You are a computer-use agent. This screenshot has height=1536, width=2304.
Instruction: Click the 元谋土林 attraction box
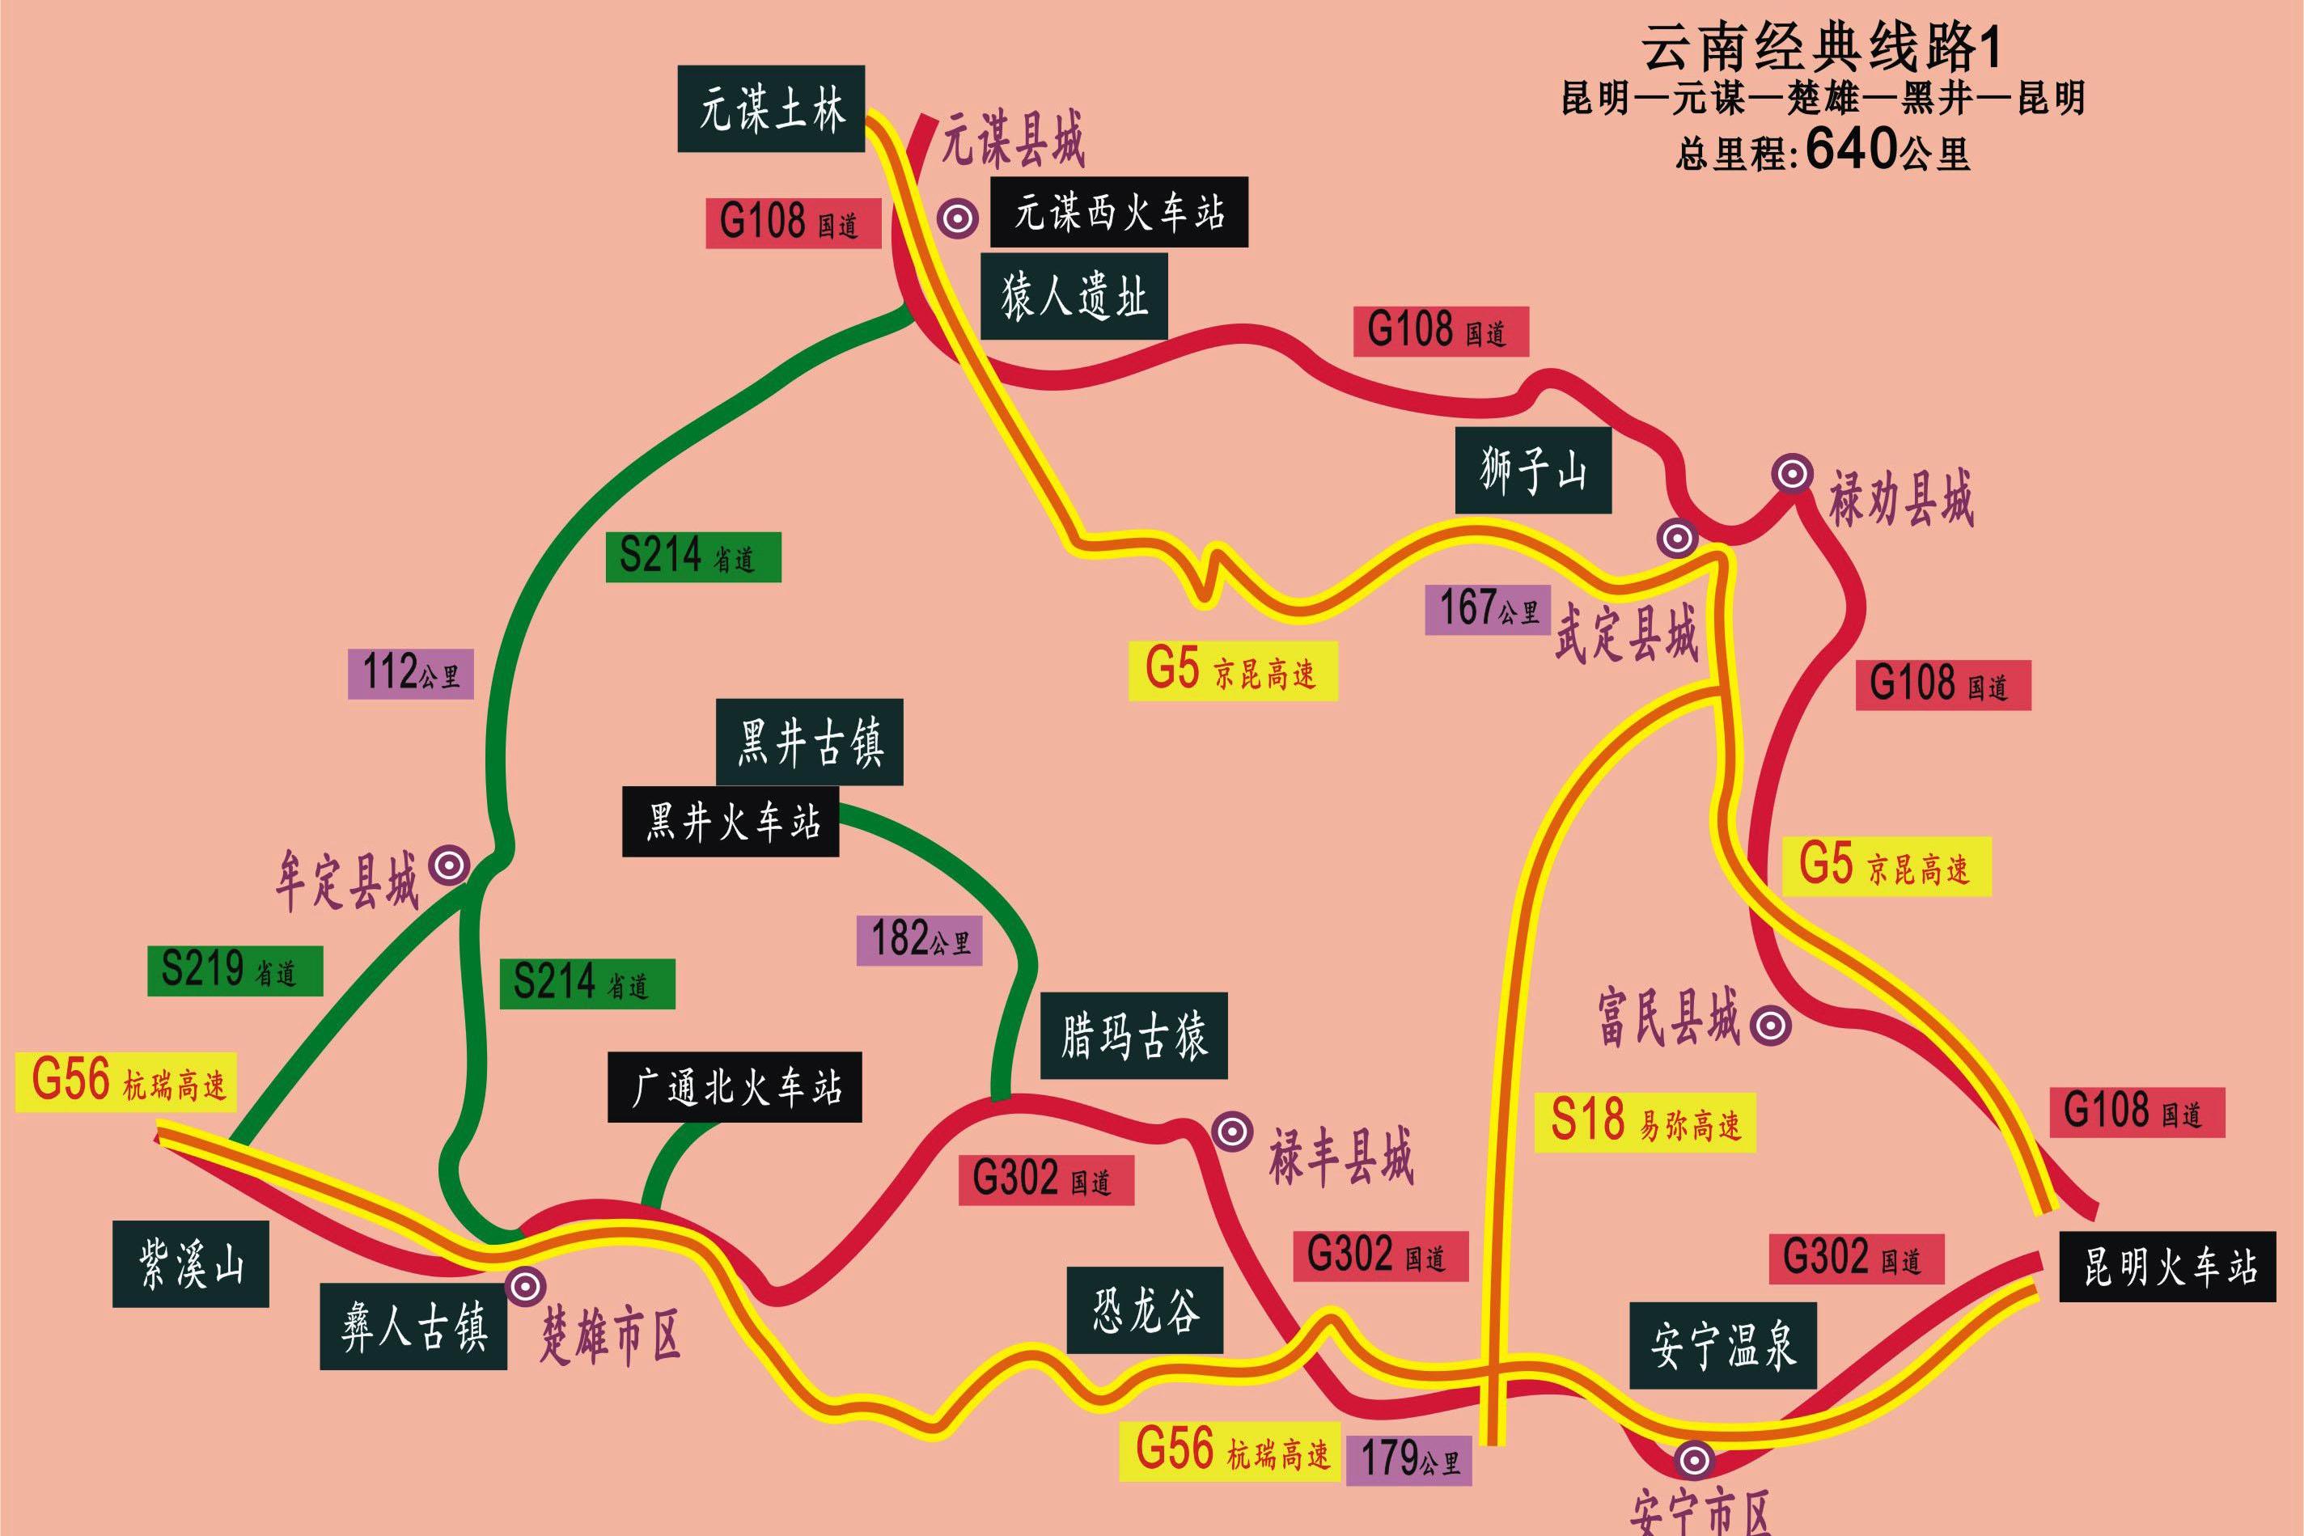click(x=771, y=108)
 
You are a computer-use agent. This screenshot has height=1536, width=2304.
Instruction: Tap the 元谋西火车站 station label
click(x=1119, y=212)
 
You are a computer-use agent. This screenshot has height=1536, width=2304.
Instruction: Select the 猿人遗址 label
click(x=1074, y=297)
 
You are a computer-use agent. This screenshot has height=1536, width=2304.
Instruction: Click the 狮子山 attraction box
click(x=1532, y=470)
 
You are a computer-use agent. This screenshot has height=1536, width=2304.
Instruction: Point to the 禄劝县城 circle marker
click(x=1792, y=474)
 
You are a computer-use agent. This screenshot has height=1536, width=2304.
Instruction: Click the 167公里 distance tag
click(x=1487, y=609)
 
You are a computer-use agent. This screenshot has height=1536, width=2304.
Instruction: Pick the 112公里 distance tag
click(x=410, y=674)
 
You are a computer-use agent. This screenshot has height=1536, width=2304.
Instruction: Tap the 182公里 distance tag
click(x=919, y=941)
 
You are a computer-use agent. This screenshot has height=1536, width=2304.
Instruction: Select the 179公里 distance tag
click(x=1408, y=1460)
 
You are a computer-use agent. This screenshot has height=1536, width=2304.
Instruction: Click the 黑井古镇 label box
click(x=809, y=742)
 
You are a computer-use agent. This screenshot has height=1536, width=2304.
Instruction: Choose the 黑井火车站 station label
click(x=731, y=822)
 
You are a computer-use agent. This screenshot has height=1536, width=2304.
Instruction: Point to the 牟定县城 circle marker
click(x=451, y=865)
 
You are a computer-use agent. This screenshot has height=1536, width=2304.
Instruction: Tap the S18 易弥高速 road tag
click(x=1645, y=1122)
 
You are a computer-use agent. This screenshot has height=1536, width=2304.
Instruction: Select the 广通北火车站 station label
click(x=735, y=1087)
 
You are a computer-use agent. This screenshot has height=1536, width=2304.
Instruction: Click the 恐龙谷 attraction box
click(x=1144, y=1310)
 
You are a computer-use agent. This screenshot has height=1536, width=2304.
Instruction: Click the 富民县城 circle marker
click(x=1770, y=1026)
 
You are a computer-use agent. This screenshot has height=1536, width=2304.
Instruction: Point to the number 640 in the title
click(x=1850, y=150)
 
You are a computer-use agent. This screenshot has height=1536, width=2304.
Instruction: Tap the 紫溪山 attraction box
click(x=191, y=1263)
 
